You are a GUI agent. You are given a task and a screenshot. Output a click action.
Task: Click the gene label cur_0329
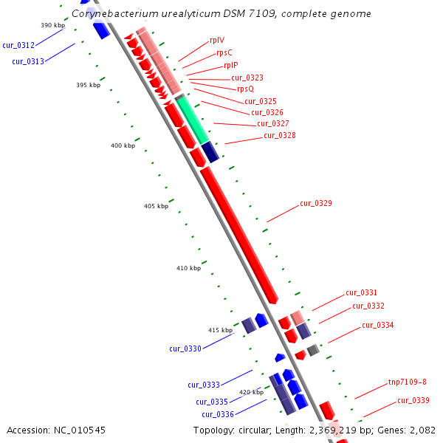click(316, 203)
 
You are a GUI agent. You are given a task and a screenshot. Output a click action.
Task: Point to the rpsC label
click(224, 53)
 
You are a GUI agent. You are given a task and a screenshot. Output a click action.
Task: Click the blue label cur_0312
click(18, 45)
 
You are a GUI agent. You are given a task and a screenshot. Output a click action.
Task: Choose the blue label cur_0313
click(28, 61)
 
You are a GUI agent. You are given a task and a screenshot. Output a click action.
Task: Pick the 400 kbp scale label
click(123, 145)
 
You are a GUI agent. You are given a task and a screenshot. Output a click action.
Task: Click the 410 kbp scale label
click(188, 268)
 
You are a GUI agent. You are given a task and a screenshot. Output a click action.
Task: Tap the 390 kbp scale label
click(53, 25)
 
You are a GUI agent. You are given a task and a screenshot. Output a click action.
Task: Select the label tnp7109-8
click(407, 382)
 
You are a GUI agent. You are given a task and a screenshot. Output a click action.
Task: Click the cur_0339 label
click(413, 400)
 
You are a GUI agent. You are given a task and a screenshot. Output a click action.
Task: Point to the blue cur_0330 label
click(185, 348)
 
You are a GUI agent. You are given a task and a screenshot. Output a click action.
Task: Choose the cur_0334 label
click(377, 325)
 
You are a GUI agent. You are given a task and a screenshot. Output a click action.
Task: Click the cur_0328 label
click(280, 135)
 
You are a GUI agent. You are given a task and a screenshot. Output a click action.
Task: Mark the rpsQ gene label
click(245, 89)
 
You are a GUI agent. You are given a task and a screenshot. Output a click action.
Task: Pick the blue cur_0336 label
click(218, 414)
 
